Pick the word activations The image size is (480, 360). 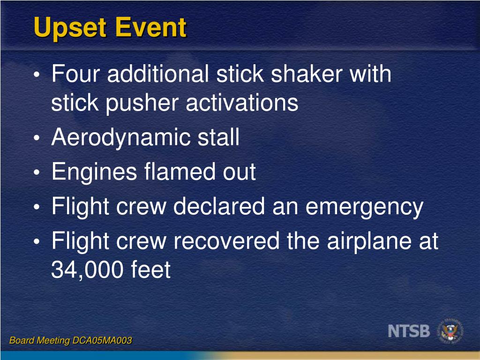tap(242, 103)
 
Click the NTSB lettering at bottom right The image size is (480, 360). tap(409, 331)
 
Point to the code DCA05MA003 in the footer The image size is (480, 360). tap(102, 341)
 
